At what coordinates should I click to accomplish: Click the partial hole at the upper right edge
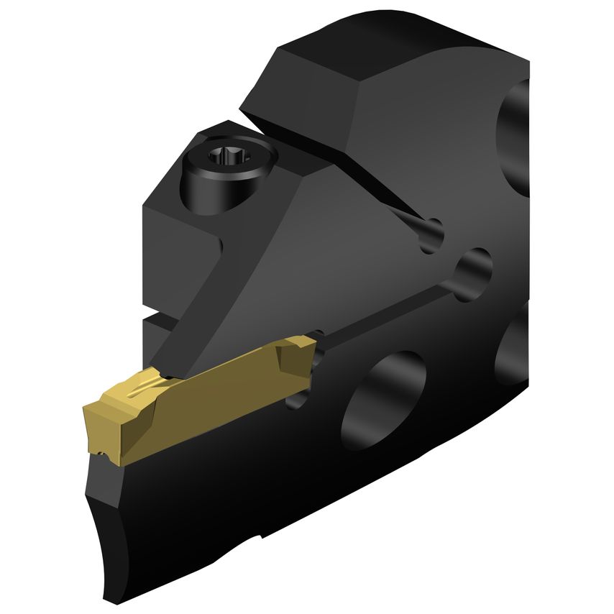point(516,137)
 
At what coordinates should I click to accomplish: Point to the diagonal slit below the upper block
point(374,180)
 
